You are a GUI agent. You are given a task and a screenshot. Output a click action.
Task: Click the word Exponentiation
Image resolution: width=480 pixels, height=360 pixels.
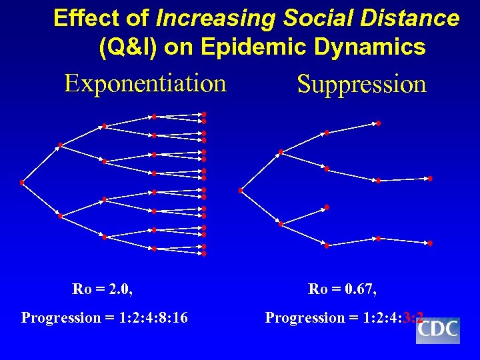[145, 84]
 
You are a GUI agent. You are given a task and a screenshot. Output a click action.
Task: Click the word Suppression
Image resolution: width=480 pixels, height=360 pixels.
[361, 85]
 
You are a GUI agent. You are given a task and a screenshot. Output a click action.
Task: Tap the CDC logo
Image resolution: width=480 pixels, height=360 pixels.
[438, 329]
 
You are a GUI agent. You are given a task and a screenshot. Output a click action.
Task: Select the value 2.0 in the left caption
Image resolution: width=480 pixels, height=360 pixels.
[119, 289]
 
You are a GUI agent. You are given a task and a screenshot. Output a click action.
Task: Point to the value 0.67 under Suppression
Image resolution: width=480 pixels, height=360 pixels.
[360, 289]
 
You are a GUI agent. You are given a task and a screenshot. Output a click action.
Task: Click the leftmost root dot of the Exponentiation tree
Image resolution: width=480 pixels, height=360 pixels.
[22, 183]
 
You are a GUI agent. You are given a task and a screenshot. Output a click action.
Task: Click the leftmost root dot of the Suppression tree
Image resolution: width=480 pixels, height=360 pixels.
[241, 191]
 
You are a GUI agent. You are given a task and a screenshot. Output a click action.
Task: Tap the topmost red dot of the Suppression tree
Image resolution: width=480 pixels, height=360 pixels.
[378, 123]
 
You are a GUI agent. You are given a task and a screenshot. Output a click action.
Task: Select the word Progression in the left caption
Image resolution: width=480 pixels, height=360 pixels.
[56, 318]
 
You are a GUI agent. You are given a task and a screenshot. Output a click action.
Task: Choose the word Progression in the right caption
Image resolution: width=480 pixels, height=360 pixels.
[300, 318]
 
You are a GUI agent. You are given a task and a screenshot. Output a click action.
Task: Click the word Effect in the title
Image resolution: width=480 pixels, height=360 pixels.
[78, 18]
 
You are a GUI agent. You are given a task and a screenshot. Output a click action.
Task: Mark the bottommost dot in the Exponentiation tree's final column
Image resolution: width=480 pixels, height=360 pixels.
[204, 254]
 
